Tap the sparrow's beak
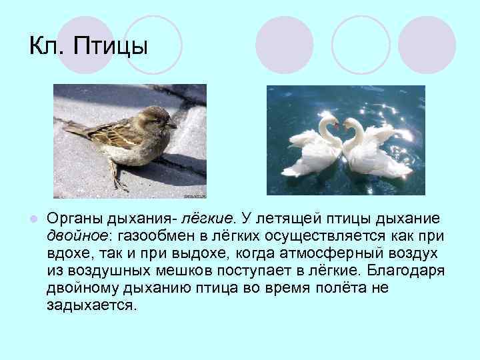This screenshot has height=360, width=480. pyautogui.click(x=173, y=125)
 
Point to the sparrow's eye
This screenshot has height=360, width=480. pyautogui.click(x=161, y=119)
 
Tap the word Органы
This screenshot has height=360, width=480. pyautogui.click(x=74, y=220)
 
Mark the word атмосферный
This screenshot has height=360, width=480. pyautogui.click(x=330, y=254)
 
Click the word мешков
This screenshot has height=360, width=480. pyautogui.click(x=183, y=271)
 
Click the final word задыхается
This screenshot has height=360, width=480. pyautogui.click(x=92, y=306)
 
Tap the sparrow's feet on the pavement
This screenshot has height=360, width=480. pyautogui.click(x=121, y=183)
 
